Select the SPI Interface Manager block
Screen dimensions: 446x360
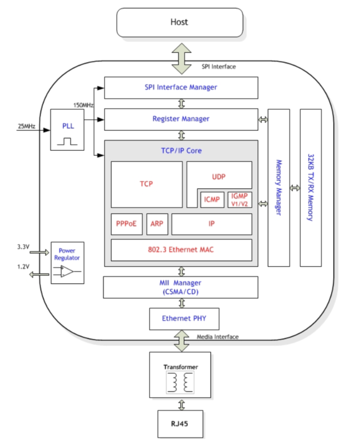coord(181,88)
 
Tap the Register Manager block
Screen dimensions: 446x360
coord(181,119)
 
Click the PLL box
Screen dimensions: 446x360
coord(68,129)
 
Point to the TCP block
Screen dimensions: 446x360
coord(147,184)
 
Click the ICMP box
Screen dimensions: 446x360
coord(212,200)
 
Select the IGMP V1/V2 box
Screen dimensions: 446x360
coord(239,200)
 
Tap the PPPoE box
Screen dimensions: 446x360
coord(126,224)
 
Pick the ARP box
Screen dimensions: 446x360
coord(157,224)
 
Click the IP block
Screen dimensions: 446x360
coord(212,224)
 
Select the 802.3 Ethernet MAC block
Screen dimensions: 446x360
coord(181,250)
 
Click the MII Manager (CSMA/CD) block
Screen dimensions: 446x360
coord(181,287)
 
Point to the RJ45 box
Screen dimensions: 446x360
coord(180,423)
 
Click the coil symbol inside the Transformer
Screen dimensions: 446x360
coord(180,382)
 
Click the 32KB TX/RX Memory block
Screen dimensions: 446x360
coord(311,187)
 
